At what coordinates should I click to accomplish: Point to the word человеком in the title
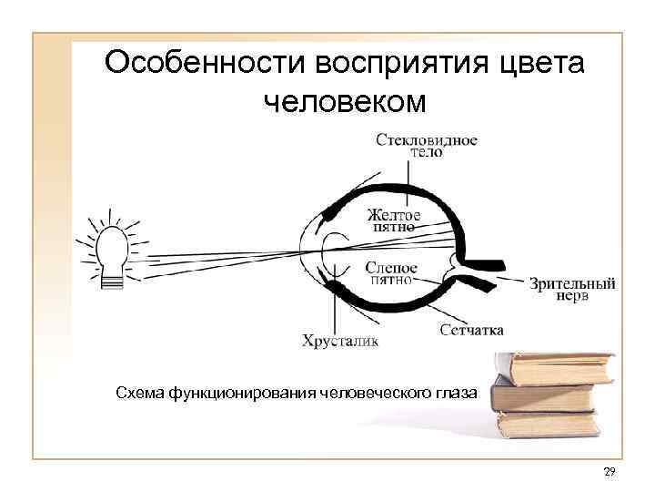click(x=344, y=102)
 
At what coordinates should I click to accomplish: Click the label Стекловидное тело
click(x=426, y=146)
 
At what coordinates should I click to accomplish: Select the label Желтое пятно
click(x=394, y=220)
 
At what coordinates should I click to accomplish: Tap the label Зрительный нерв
click(x=573, y=290)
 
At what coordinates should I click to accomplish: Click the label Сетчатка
click(x=471, y=330)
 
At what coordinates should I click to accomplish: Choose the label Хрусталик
click(x=339, y=343)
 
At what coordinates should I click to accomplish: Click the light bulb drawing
click(x=111, y=248)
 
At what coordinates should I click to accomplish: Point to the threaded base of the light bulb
click(x=111, y=281)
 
